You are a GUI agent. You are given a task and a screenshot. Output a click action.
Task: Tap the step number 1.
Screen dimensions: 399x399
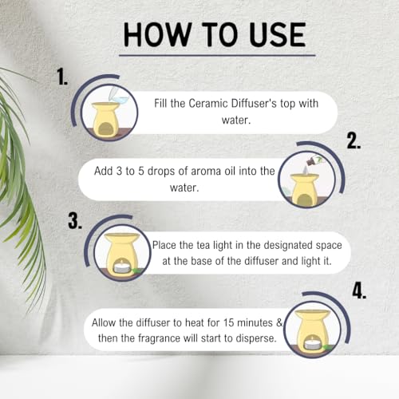click(62, 77)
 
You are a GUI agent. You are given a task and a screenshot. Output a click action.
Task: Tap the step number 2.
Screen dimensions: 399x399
click(354, 142)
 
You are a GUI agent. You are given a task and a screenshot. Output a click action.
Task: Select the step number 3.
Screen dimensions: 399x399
click(76, 221)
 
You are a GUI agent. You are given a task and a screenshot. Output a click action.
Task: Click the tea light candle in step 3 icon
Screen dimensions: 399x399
click(123, 268)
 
